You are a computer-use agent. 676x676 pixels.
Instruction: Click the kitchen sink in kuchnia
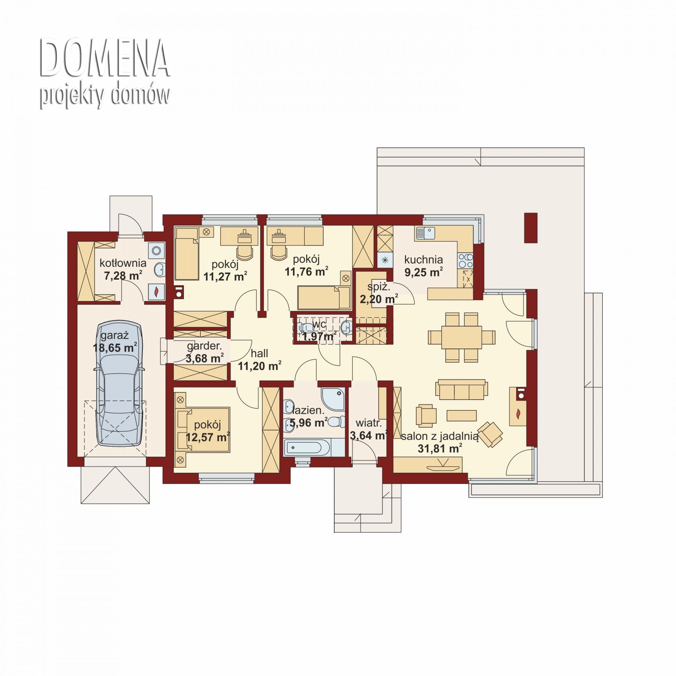coord(425,233)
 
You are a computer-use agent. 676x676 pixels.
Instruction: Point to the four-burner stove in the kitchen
coord(465,260)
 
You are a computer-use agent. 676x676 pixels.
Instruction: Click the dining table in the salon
coord(462,337)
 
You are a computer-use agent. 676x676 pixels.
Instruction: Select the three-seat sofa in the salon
coord(462,389)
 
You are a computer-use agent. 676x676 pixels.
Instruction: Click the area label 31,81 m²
coord(439,448)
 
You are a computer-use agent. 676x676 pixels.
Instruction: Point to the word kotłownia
coord(123,263)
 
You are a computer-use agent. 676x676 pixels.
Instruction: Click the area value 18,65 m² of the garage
coord(115,348)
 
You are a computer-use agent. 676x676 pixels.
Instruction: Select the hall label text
coord(259,353)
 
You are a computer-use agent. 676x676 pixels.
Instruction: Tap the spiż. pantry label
coord(379,287)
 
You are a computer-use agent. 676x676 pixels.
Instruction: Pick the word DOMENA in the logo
coord(104,58)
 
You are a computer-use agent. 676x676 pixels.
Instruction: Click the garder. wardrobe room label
coord(204,346)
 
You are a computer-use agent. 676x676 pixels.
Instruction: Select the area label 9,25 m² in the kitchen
coord(423,272)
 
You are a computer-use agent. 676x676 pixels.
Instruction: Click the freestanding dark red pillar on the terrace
coord(531,227)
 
